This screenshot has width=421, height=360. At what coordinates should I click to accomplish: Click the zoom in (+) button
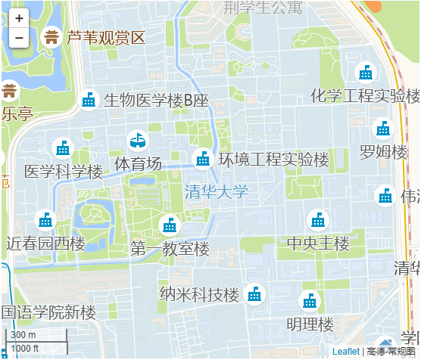19,18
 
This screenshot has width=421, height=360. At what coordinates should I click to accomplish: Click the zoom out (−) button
19,37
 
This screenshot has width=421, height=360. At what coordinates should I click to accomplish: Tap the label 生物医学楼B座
156,101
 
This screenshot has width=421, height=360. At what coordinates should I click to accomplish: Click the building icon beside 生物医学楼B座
89,99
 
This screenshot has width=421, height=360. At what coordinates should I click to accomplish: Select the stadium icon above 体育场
138,140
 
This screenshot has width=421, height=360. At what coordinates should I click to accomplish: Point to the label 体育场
138,163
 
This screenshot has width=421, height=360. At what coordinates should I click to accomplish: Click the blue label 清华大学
216,191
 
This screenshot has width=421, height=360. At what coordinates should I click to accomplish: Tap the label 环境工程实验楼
274,160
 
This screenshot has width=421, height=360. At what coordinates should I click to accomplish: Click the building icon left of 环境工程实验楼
202,159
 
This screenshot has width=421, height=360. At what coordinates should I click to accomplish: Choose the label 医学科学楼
64,172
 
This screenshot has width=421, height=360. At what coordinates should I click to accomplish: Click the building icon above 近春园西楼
45,220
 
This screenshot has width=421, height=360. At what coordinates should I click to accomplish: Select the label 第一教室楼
170,248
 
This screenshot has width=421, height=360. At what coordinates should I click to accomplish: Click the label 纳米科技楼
199,293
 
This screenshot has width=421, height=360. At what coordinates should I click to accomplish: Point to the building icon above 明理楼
309,301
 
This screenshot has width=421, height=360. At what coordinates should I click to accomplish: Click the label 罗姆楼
383,152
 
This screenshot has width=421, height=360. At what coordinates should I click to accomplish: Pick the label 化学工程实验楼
365,96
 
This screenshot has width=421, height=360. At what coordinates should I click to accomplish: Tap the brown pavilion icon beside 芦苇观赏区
51,36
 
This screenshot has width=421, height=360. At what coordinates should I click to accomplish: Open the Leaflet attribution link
346,352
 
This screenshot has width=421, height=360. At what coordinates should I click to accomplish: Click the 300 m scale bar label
23,335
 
